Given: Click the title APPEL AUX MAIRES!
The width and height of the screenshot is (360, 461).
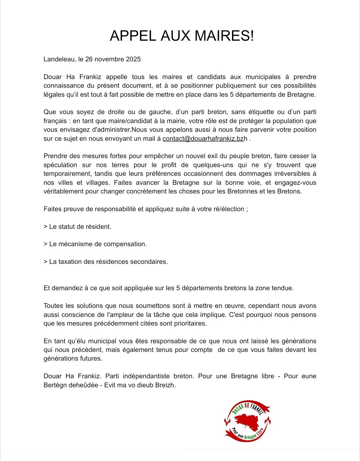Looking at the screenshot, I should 182,36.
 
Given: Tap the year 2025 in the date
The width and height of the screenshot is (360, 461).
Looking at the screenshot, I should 133,59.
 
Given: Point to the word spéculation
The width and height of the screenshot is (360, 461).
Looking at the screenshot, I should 60,165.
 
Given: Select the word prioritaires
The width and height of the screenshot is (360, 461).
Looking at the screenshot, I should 190,324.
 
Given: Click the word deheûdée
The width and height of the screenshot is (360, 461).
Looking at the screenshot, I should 82,385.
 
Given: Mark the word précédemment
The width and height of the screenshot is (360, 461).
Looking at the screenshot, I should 123,324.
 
